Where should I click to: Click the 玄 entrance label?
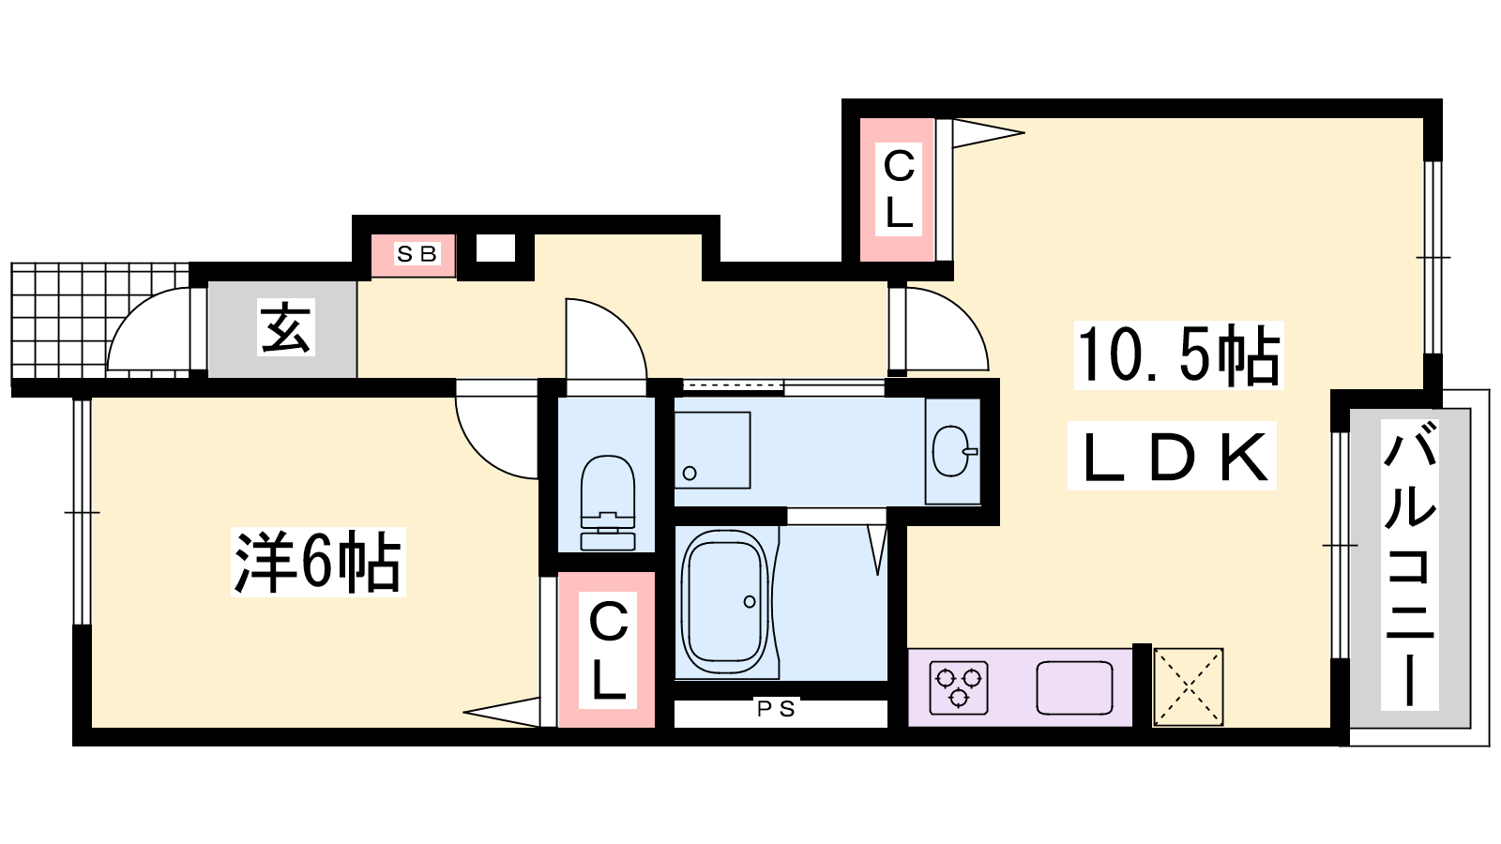(x=286, y=328)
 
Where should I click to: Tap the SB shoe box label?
(x=417, y=254)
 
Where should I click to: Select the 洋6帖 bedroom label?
(x=318, y=562)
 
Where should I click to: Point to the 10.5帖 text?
(x=1178, y=355)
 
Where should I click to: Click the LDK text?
(x=1173, y=457)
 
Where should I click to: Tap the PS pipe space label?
(x=776, y=708)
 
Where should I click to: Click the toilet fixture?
(x=608, y=503)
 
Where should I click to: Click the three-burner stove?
(x=959, y=687)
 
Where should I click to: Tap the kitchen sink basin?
(x=1074, y=688)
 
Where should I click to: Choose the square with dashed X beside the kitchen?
(x=1188, y=686)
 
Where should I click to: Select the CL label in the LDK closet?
(x=898, y=188)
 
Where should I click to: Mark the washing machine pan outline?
(x=712, y=450)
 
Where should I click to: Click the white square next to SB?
(x=496, y=249)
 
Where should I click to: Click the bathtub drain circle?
(x=750, y=601)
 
